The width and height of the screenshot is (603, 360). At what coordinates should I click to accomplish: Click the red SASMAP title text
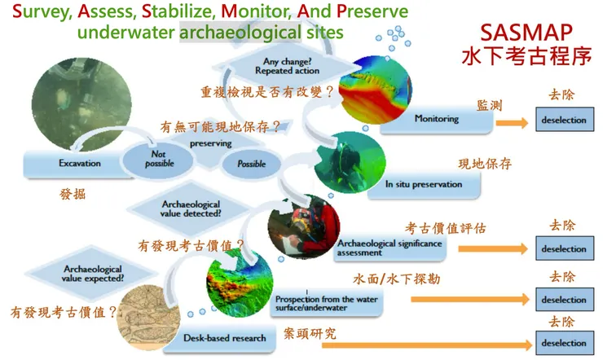tap(525, 32)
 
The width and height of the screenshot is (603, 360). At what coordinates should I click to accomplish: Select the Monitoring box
tap(444, 119)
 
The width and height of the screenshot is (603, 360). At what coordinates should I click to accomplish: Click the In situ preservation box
tap(432, 184)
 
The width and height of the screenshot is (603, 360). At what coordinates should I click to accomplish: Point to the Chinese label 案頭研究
tap(309, 333)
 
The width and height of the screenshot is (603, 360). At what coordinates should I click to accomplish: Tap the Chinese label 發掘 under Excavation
tap(73, 195)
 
